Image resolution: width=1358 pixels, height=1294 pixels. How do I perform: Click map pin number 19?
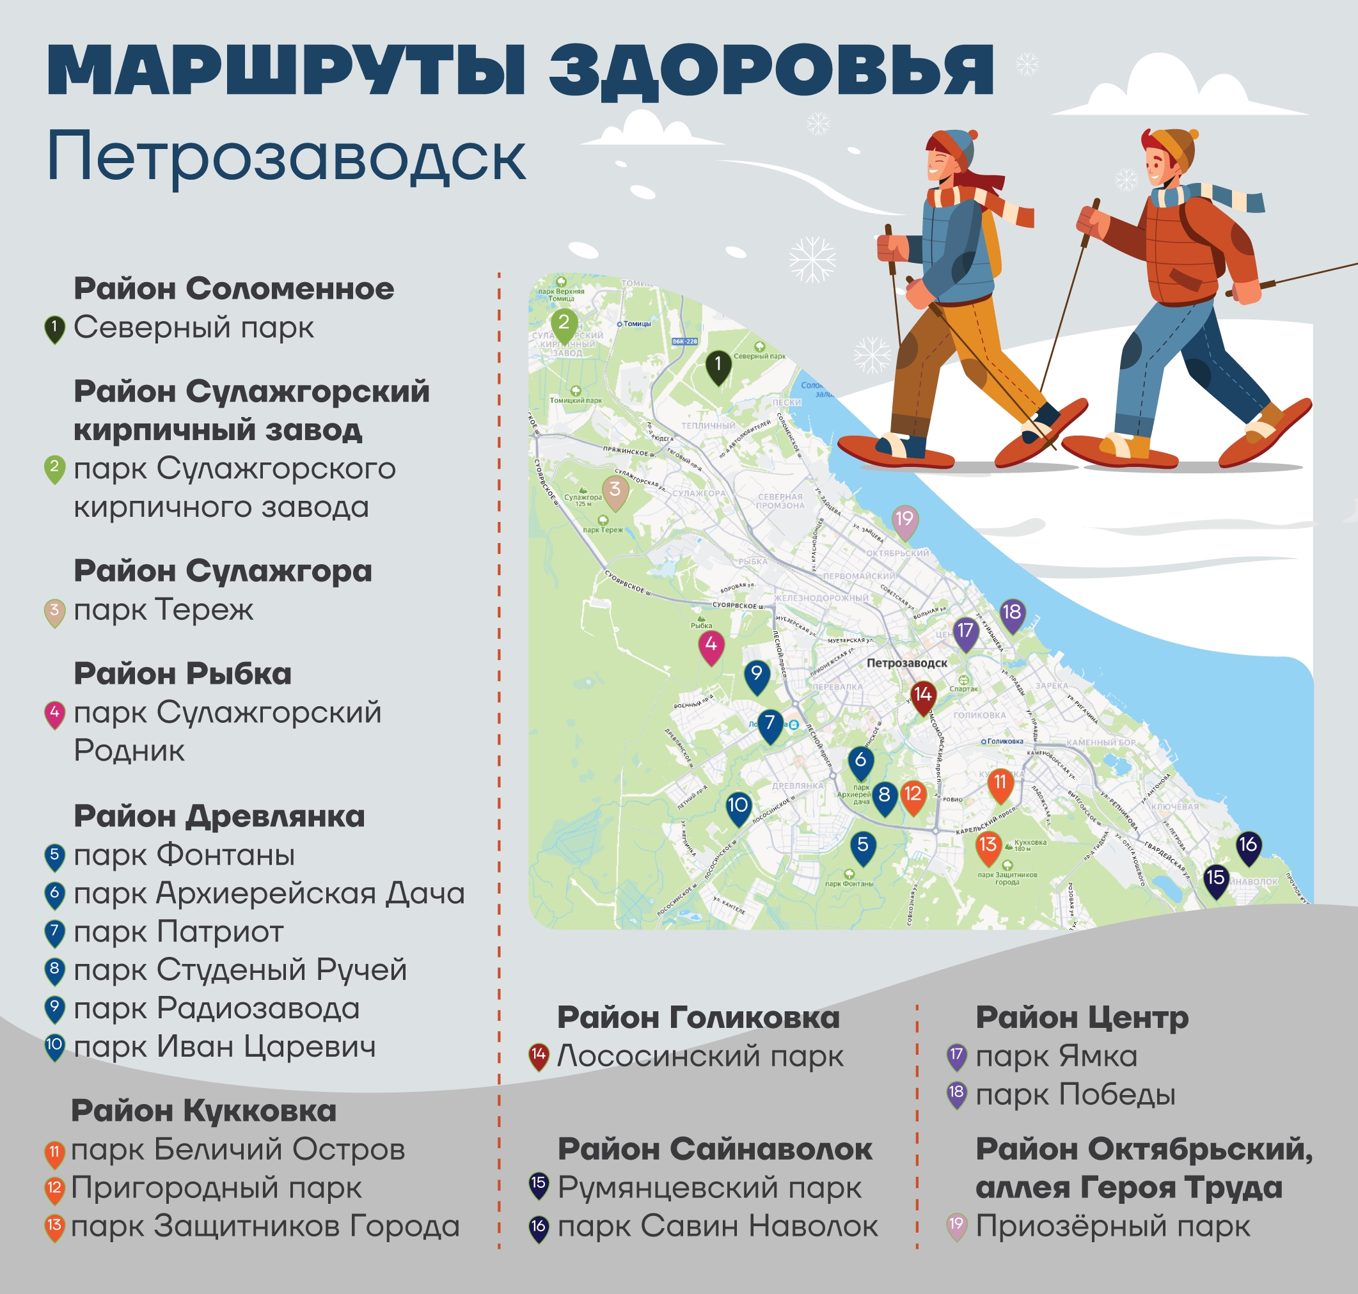coord(904,520)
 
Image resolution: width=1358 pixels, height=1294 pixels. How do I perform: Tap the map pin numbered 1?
coord(718,365)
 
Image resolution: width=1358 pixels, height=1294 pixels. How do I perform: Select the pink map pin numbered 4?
coord(711,646)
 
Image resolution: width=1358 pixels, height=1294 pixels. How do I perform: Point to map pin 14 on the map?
coord(923,696)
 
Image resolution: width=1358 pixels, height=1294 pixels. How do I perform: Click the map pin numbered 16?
coord(1247,846)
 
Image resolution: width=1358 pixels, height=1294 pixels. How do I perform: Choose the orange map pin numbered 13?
coord(988,846)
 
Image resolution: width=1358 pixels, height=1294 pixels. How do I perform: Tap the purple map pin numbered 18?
coord(1012,613)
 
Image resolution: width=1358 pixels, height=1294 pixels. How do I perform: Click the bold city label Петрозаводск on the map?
coord(906,663)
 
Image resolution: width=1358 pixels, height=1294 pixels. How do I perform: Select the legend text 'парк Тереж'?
coord(164,610)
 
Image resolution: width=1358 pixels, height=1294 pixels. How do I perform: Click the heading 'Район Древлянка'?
coord(219,817)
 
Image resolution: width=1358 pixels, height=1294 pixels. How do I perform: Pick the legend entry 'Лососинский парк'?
coord(700,1056)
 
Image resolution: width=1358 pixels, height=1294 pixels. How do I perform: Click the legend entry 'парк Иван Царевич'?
coord(225,1047)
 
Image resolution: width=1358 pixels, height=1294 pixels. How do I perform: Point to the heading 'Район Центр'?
coord(1082,1018)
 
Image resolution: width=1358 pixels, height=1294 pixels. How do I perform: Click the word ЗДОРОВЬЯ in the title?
coord(771,70)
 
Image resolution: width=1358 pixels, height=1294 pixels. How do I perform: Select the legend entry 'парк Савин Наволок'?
coord(717,1226)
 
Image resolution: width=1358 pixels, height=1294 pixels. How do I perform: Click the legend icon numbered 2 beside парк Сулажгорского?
coord(54,468)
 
